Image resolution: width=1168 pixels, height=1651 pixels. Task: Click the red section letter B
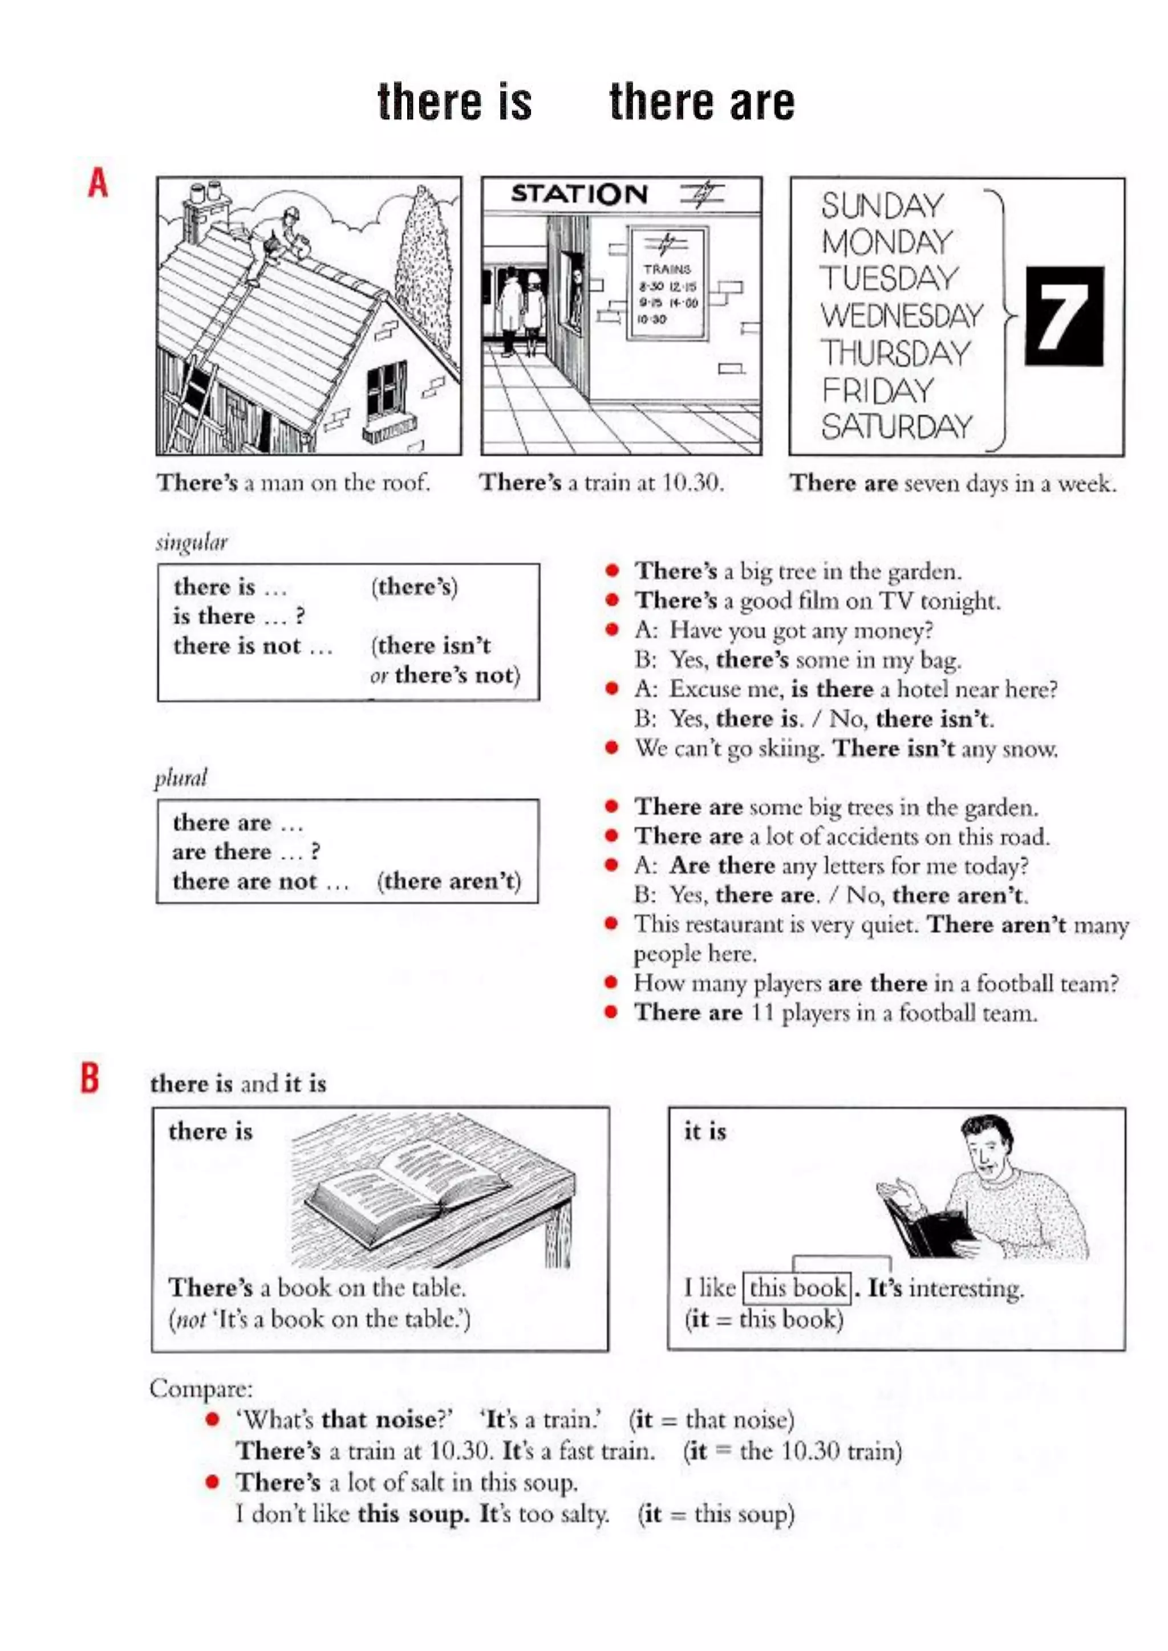coord(90,1078)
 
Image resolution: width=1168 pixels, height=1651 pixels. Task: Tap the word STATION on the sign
coord(579,194)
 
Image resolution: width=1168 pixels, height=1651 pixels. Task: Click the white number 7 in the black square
coord(1064,316)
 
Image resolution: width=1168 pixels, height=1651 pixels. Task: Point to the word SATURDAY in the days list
coord(897,426)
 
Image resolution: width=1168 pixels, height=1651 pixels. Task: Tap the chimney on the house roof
coord(206,209)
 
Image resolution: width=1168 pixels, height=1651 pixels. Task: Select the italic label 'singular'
coord(191,543)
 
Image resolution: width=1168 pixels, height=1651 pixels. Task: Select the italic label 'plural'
coord(181,779)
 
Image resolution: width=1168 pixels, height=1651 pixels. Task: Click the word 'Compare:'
coord(201,1389)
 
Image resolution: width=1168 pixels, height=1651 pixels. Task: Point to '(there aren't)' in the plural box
coord(449,881)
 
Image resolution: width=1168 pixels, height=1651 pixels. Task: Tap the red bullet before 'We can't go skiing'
coord(612,748)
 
